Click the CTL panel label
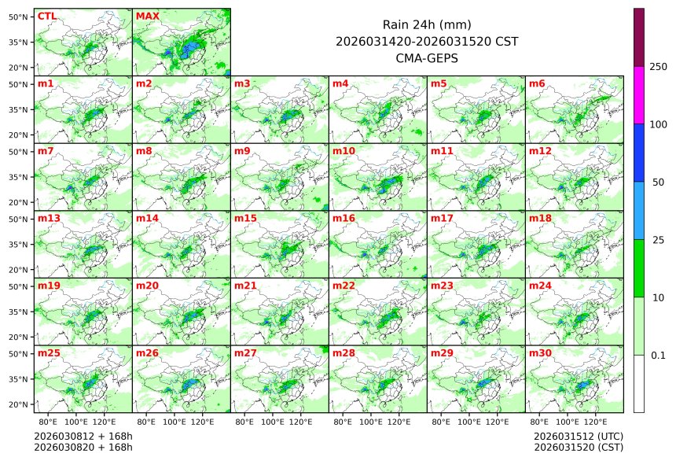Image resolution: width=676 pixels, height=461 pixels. (x=47, y=16)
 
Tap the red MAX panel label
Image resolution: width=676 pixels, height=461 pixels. (x=147, y=16)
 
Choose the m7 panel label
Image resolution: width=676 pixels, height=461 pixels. (x=46, y=150)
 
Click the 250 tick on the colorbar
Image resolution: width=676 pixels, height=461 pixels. (x=658, y=67)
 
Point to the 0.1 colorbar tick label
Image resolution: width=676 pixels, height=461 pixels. (x=658, y=355)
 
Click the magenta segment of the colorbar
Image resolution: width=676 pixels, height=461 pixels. (x=639, y=94)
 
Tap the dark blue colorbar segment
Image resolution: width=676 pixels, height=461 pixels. (x=639, y=153)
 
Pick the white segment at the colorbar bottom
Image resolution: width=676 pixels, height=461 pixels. (x=639, y=383)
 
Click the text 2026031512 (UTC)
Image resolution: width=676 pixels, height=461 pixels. (x=578, y=436)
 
